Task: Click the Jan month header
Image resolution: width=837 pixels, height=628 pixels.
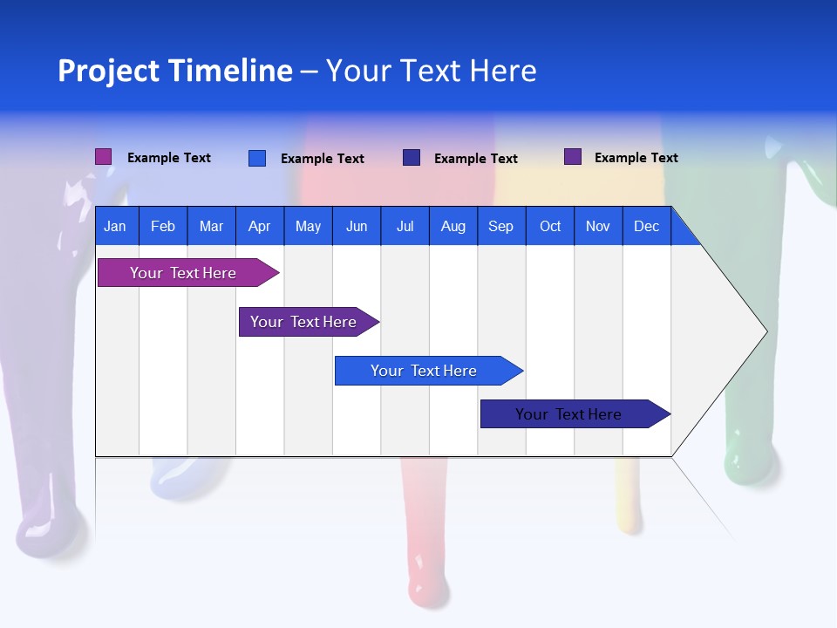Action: click(x=115, y=226)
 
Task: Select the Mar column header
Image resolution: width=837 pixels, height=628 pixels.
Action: click(x=211, y=226)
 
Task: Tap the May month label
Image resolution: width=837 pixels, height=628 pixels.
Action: click(x=308, y=226)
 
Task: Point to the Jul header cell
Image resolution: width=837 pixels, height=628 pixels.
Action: click(x=405, y=226)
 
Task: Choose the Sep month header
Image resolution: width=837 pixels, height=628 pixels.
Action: click(x=500, y=226)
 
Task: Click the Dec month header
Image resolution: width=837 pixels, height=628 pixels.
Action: click(x=646, y=226)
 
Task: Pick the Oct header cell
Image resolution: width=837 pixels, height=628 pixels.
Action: click(x=550, y=226)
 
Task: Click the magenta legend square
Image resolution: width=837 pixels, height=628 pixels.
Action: click(x=103, y=157)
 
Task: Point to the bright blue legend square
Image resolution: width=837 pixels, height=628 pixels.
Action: click(x=256, y=158)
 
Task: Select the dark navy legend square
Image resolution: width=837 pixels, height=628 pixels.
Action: click(x=411, y=158)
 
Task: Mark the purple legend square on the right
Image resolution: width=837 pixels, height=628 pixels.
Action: click(x=572, y=157)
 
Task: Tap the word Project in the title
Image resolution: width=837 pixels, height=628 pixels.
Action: click(x=108, y=71)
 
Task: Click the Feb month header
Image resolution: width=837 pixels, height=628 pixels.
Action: click(x=163, y=226)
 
